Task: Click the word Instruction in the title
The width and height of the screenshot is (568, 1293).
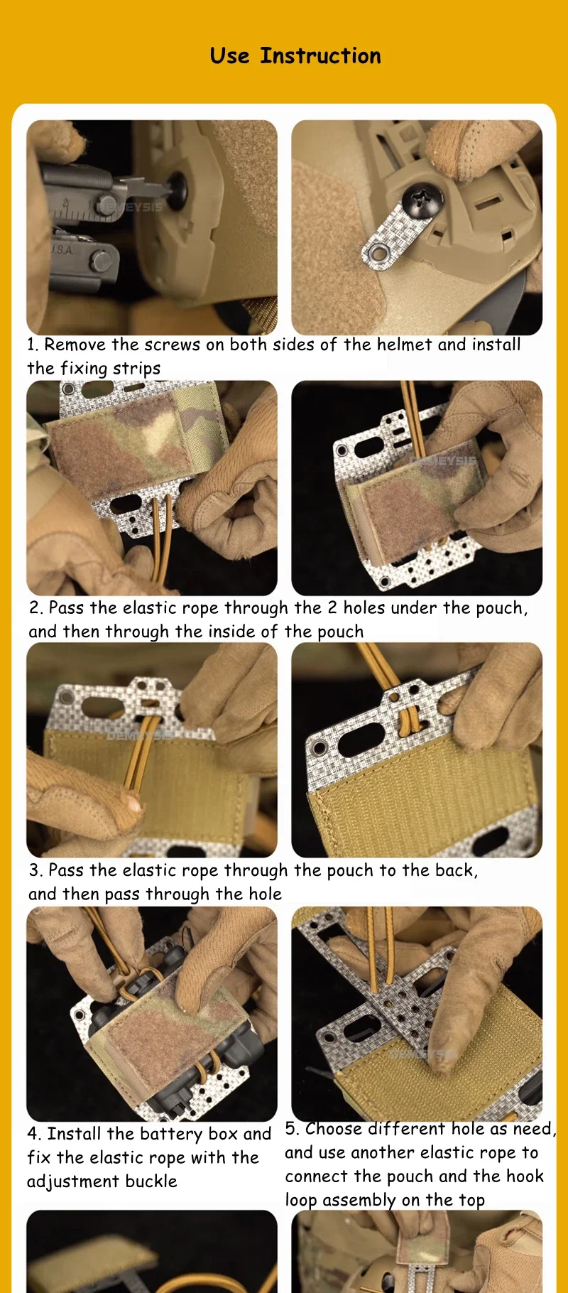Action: [320, 55]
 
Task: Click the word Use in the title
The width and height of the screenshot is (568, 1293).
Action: [229, 55]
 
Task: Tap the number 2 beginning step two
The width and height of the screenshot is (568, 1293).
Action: [35, 608]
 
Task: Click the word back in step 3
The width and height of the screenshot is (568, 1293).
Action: [454, 871]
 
